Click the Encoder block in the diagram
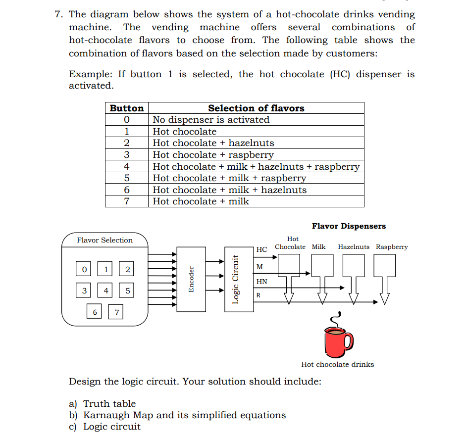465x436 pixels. pos(191,280)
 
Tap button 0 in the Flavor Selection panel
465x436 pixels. pos(84,269)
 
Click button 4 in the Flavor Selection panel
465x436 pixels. pos(106,291)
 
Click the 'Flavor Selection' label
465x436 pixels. pos(104,240)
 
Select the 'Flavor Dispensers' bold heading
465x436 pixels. pos(349,226)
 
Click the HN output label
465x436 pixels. pos(261,282)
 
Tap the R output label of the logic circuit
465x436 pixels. pos(258,296)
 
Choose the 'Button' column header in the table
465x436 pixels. pos(127,108)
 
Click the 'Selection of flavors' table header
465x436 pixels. pos(256,108)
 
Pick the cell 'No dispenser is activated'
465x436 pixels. pos(211,120)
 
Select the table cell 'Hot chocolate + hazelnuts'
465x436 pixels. pos(213,143)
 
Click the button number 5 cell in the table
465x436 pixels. pos(127,178)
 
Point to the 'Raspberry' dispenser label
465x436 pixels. pos(392,246)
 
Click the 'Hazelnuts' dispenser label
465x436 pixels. pos(354,246)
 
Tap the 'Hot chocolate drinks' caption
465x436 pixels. pos(337,364)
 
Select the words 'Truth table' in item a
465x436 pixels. pos(109,404)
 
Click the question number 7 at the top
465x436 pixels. pos(58,15)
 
